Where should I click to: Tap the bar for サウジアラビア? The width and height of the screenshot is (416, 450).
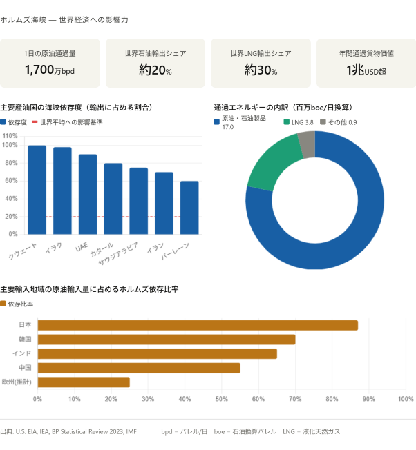(138, 200)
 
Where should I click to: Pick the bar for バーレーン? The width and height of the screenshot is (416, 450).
(189, 207)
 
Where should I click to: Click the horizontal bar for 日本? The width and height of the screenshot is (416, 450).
(198, 325)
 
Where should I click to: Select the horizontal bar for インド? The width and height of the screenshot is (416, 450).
(158, 353)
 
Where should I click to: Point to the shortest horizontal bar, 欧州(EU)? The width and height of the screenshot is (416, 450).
(84, 382)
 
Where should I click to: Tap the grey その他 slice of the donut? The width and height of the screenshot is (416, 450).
(307, 144)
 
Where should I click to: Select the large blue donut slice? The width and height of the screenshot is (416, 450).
(359, 228)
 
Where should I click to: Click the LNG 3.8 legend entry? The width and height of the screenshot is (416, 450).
(299, 121)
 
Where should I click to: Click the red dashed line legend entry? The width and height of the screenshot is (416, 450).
(66, 121)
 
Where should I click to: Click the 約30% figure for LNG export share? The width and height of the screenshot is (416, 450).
(261, 70)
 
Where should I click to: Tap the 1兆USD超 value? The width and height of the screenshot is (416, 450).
(366, 70)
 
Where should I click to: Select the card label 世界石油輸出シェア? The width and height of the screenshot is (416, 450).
(155, 53)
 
